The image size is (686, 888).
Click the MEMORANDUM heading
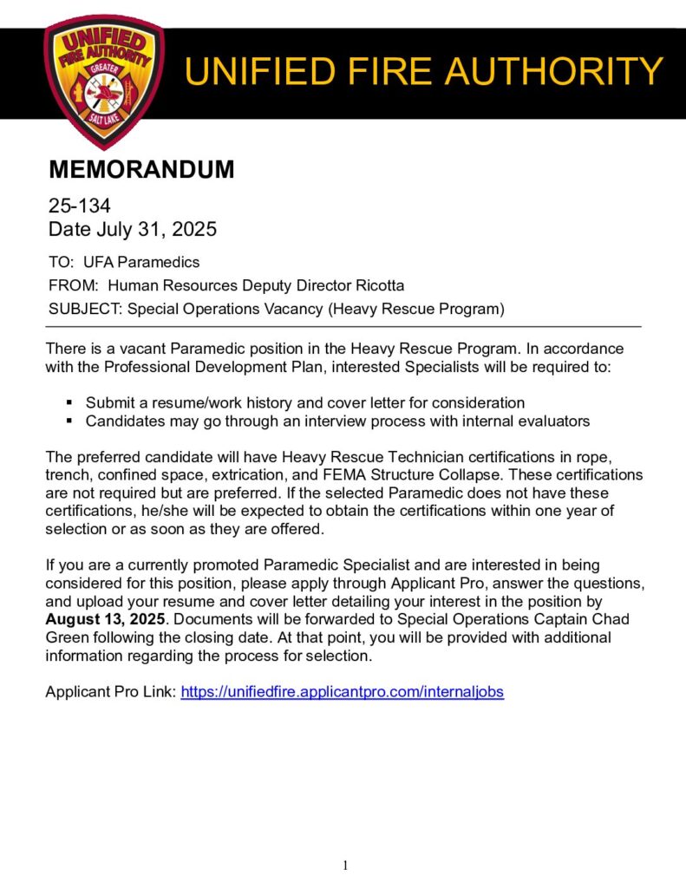(140, 170)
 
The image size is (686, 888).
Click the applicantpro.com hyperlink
(342, 692)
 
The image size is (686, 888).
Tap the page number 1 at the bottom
(345, 865)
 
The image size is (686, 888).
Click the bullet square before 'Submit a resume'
(69, 403)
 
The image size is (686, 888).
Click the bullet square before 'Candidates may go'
(69, 421)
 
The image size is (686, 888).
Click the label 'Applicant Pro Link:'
(110, 692)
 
